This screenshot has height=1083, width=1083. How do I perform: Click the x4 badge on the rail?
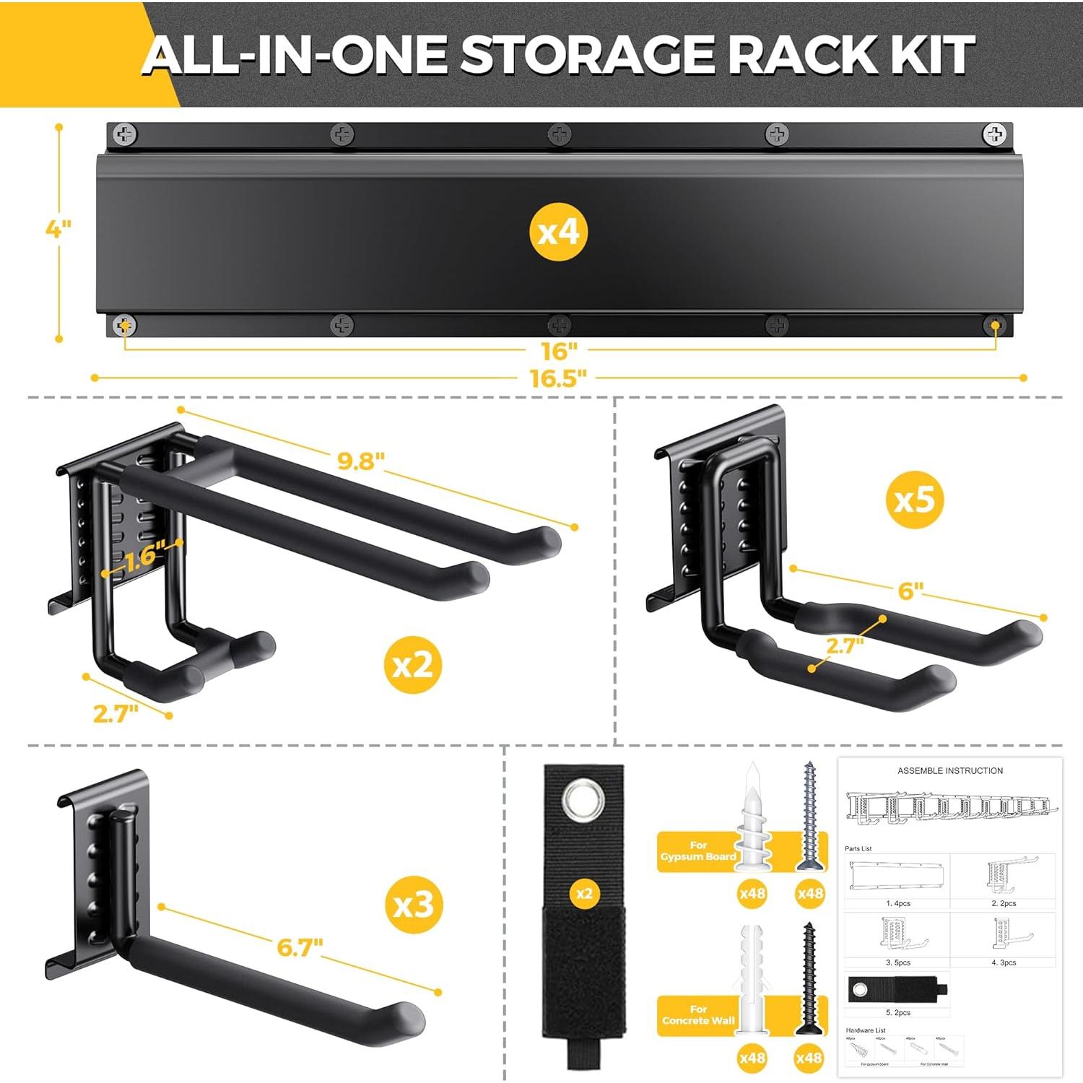558,232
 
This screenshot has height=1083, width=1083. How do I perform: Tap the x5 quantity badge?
915,500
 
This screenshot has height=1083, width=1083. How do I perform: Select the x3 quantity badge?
413,905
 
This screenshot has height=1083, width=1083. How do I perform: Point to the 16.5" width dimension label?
558,378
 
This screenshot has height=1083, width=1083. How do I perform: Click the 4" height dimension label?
58,229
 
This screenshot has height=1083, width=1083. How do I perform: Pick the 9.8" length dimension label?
361,461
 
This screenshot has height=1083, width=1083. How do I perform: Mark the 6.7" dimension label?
300,947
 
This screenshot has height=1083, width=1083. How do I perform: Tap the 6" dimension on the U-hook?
910,591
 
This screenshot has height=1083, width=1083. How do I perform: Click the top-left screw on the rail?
126,134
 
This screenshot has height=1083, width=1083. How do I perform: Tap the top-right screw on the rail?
994,134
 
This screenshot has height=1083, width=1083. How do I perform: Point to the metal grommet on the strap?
584,802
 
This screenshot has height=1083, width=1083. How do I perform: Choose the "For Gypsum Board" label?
697,851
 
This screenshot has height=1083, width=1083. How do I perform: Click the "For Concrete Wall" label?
697,1015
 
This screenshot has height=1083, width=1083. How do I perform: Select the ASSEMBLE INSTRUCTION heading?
950,771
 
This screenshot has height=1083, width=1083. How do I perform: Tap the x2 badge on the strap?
584,894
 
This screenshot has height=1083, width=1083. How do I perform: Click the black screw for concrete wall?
809,978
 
